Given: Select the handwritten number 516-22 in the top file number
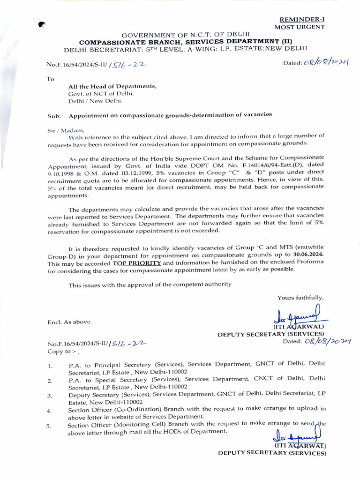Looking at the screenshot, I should click(x=127, y=66).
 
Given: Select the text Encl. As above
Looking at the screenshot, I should click(x=70, y=322).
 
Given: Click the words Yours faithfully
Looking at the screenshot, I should click(x=300, y=298).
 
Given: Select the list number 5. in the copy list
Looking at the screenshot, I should click(x=50, y=426).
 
